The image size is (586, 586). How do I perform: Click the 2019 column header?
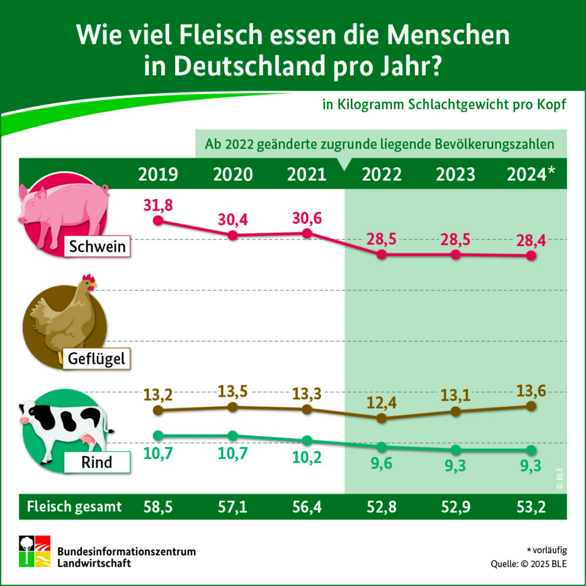(158, 175)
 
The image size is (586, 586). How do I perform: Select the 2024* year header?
(531, 175)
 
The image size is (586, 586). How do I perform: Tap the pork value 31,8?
(158, 204)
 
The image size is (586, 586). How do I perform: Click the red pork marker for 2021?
(307, 233)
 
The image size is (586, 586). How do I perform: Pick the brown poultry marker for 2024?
(530, 406)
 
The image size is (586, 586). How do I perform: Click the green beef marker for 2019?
(159, 435)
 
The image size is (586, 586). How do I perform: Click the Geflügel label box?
(96, 359)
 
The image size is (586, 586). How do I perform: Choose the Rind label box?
(96, 462)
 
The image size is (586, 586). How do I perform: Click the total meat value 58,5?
(158, 506)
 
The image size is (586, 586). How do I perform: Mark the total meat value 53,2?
(530, 506)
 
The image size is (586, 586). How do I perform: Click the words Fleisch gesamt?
(75, 506)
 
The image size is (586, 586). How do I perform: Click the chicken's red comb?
(88, 279)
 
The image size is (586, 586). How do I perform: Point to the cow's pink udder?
(89, 439)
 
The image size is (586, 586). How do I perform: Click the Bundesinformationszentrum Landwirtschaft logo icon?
(34, 551)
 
